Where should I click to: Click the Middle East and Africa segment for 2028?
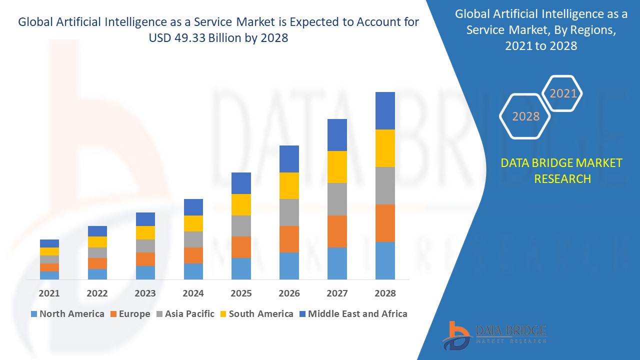(x=385, y=110)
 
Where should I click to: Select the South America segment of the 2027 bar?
(x=337, y=166)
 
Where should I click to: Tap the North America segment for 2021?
(x=49, y=275)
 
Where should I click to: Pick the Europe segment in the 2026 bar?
(x=289, y=239)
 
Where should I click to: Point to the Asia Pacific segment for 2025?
(x=241, y=225)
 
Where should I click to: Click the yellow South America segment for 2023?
(x=145, y=232)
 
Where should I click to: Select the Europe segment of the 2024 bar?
(x=193, y=255)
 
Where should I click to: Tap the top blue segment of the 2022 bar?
(x=97, y=231)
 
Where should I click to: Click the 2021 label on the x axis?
(x=49, y=293)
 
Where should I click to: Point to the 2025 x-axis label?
(x=241, y=293)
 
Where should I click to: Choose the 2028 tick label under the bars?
(x=385, y=293)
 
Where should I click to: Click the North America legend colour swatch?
(x=34, y=314)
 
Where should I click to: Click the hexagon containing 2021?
(x=563, y=93)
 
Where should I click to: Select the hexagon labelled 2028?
(x=525, y=116)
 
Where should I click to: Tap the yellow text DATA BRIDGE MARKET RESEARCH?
(x=562, y=170)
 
